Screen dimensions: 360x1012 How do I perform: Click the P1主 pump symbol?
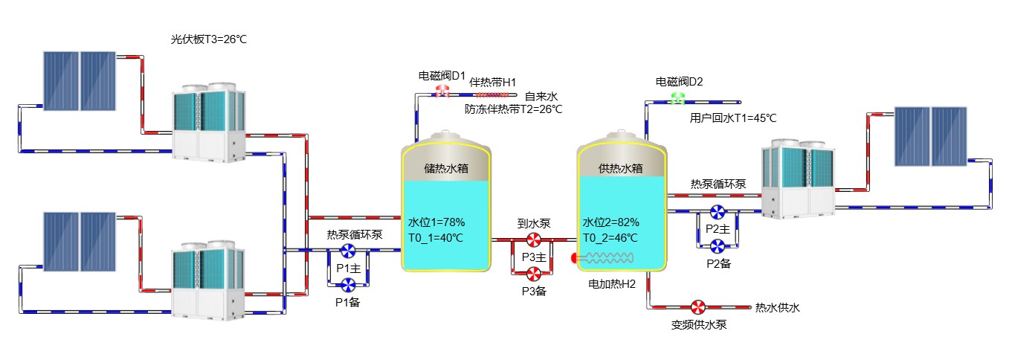tap(347, 251)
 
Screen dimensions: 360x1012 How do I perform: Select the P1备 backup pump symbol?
tap(347, 284)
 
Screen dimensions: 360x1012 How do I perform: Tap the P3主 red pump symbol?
tap(534, 240)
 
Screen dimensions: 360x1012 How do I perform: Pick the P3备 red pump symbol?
tap(534, 273)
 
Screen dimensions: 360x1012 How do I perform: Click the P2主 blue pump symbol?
tap(718, 212)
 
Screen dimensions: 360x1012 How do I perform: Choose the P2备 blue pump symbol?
tap(718, 245)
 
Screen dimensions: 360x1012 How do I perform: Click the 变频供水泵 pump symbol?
tap(698, 307)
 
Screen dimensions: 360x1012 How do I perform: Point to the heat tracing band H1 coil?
tap(494, 95)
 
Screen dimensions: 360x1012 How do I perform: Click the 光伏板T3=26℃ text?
tap(208, 39)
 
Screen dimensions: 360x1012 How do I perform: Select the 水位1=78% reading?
tap(436, 222)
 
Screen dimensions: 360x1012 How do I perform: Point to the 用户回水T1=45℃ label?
tap(733, 118)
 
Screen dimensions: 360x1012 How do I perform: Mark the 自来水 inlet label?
tap(541, 96)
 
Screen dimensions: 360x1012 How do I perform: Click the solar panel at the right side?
tap(929, 136)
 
